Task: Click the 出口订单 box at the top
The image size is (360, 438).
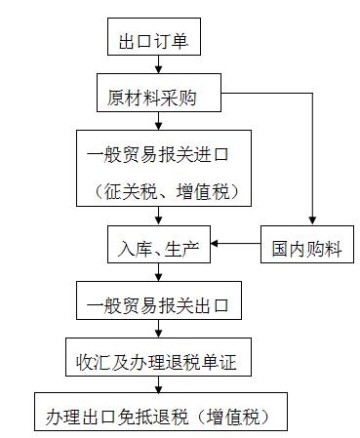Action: (151, 43)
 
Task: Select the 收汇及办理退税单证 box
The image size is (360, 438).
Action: (160, 363)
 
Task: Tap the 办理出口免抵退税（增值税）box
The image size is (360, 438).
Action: (167, 418)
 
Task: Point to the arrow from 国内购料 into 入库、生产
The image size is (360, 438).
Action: (236, 244)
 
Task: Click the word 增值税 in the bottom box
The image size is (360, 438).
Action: (249, 418)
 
